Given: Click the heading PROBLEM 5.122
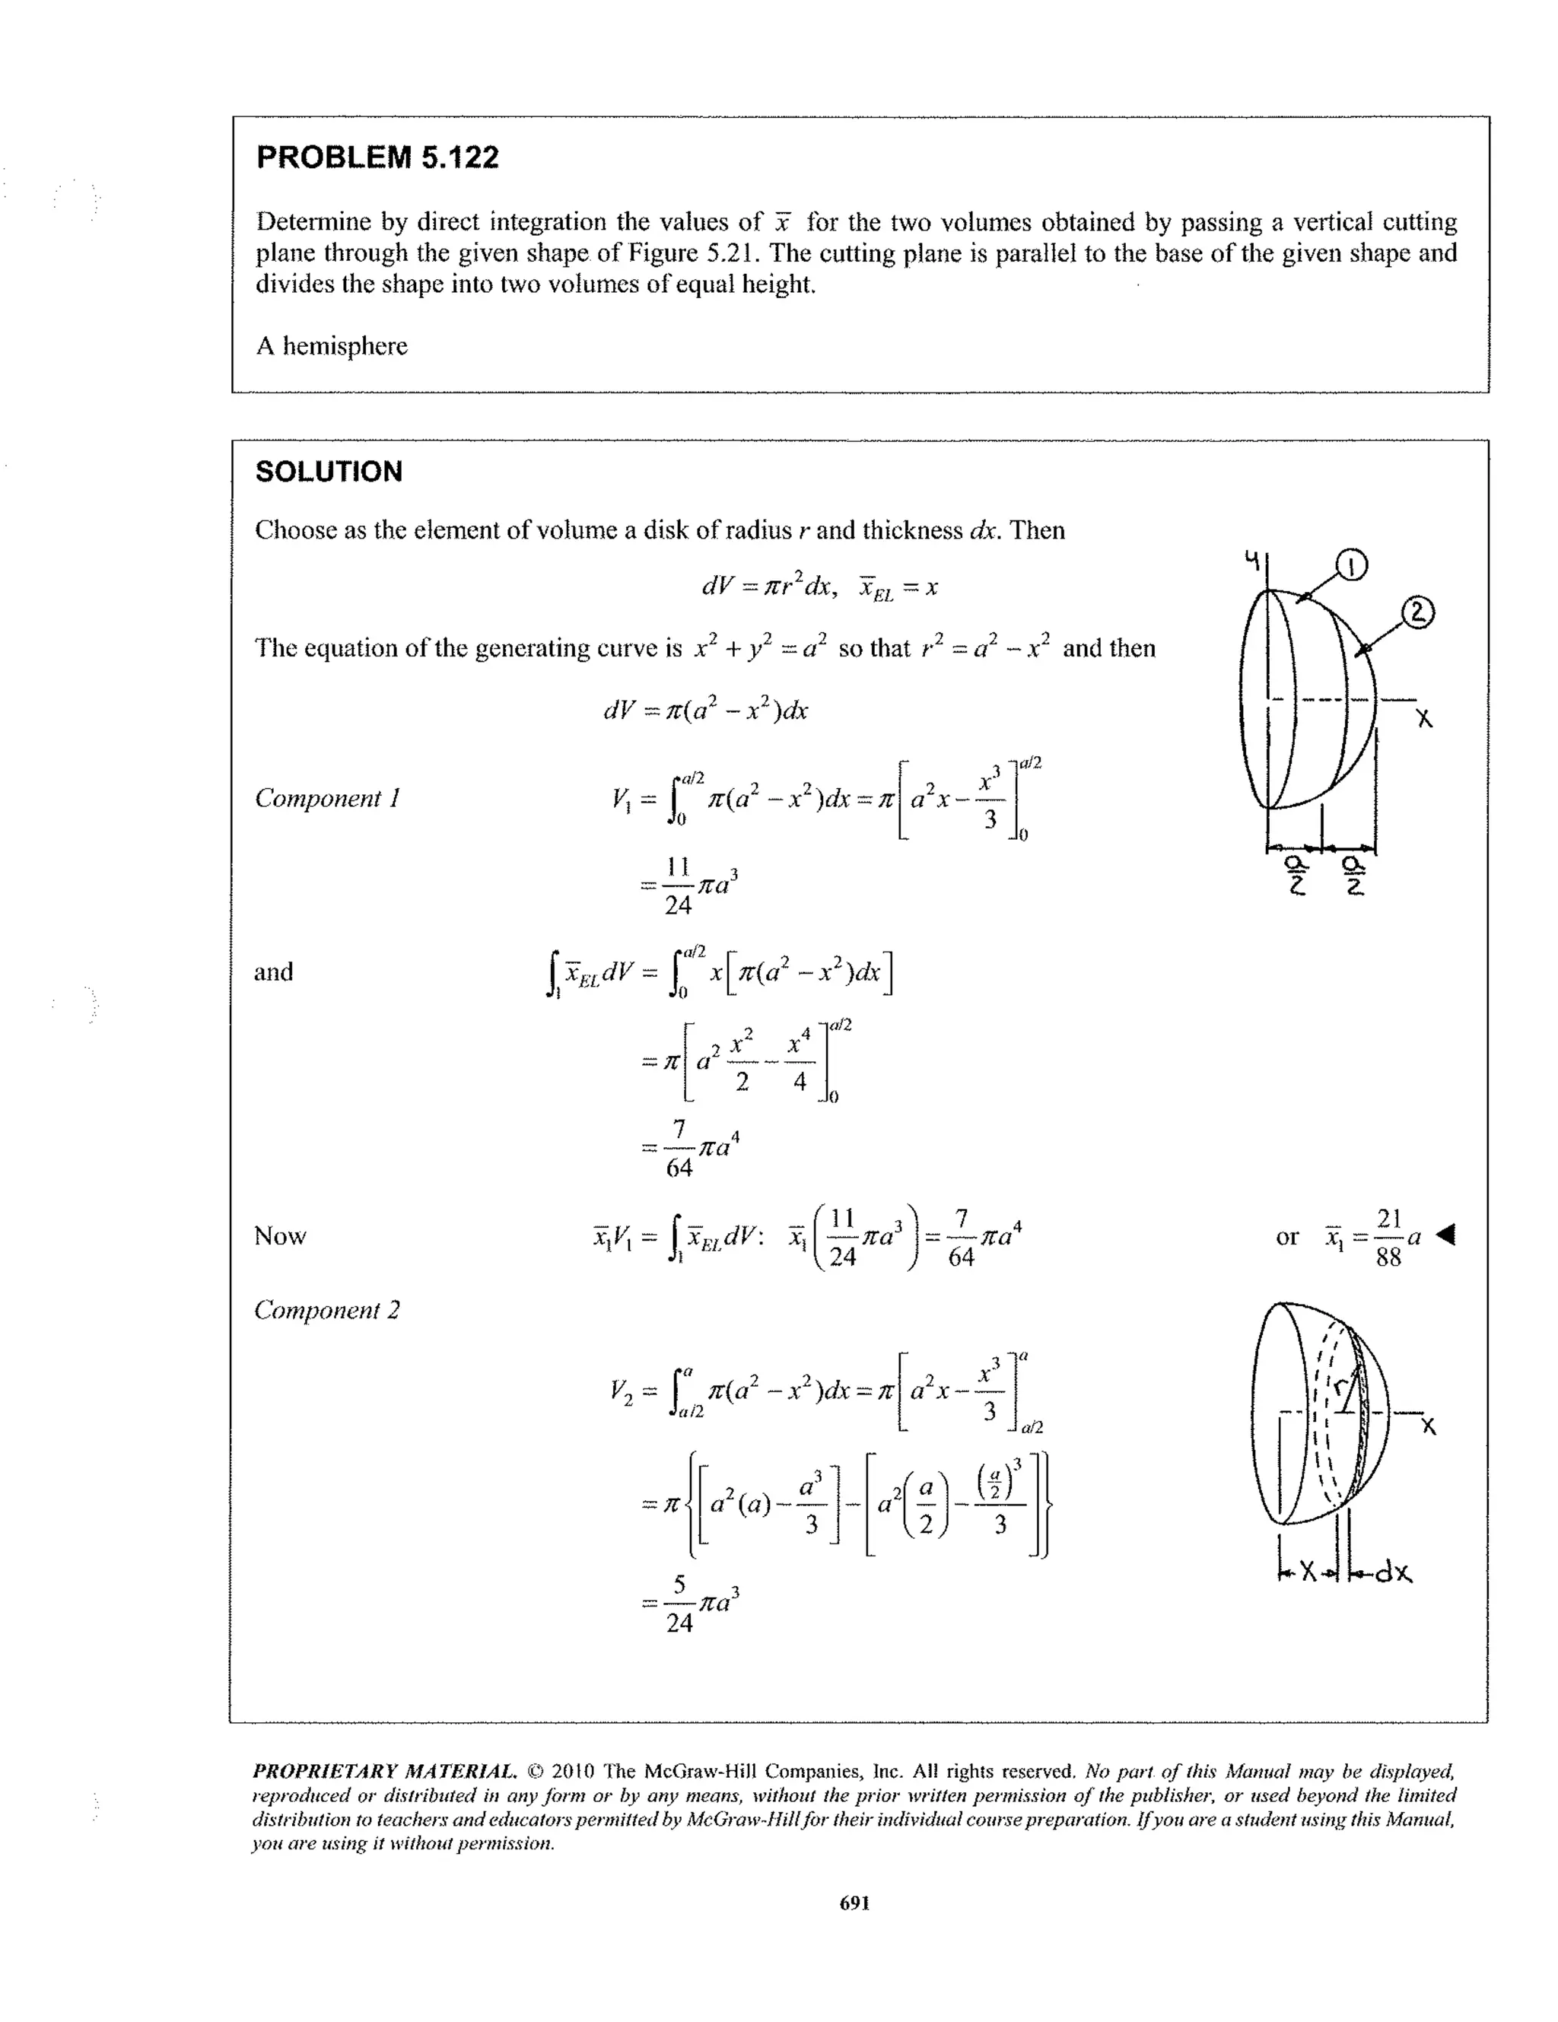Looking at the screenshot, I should click(x=377, y=157).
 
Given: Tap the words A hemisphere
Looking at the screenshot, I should click(x=332, y=346).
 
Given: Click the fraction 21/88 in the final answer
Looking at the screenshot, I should click(x=1388, y=1237).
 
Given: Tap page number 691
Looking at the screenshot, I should click(x=854, y=1903).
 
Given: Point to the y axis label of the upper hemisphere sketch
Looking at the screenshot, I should click(x=1251, y=559).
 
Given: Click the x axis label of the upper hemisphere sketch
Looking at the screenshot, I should click(x=1425, y=718).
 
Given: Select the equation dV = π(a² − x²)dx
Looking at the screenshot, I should click(x=705, y=710).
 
